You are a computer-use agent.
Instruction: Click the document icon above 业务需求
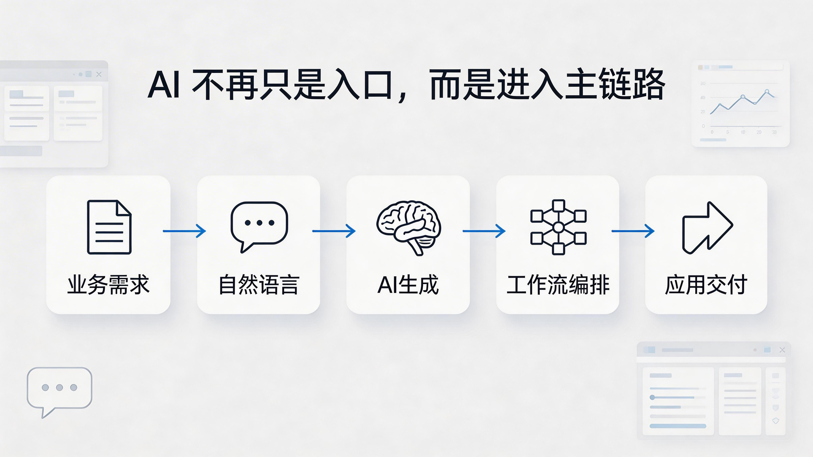point(109,227)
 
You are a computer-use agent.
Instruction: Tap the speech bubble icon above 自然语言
point(259,225)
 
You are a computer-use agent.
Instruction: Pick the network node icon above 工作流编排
point(558,227)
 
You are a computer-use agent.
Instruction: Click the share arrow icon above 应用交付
point(708,228)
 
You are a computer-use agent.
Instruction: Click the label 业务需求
point(108,285)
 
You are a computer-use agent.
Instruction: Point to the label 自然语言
point(259,285)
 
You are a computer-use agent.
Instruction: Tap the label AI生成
point(408,285)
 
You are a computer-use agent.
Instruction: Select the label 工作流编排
point(558,285)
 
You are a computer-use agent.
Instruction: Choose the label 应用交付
point(706,285)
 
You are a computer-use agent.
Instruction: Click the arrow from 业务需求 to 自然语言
point(184,231)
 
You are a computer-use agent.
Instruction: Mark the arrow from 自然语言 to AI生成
point(334,231)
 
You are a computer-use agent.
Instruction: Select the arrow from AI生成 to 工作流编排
point(484,231)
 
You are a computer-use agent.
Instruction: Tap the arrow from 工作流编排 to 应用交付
point(633,231)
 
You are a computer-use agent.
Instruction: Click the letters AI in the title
point(164,85)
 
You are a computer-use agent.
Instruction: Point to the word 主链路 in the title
point(615,85)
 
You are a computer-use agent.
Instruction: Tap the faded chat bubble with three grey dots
point(59,388)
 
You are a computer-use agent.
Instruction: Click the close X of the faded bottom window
point(782,350)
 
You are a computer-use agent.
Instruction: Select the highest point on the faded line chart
point(767,91)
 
